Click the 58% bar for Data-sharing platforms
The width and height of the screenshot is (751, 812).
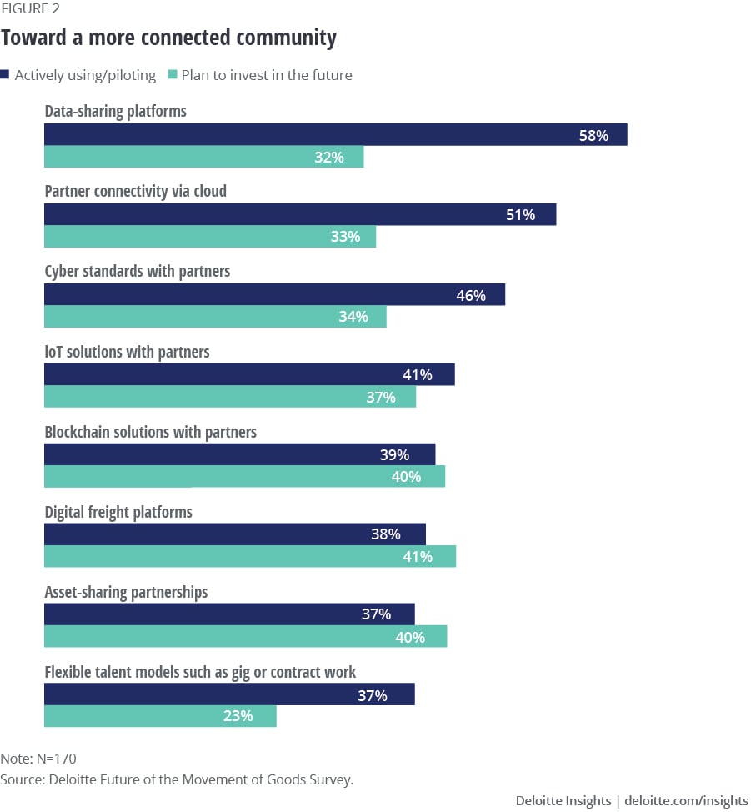pyautogui.click(x=335, y=135)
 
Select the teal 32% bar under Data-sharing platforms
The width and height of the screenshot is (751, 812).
pyautogui.click(x=203, y=157)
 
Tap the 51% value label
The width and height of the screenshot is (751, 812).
pyautogui.click(x=520, y=215)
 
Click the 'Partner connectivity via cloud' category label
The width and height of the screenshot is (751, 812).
pyautogui.click(x=135, y=192)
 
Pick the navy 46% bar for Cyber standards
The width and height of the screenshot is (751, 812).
pyautogui.click(x=274, y=295)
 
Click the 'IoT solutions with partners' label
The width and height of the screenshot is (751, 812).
pyautogui.click(x=127, y=352)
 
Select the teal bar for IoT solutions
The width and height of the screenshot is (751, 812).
pyautogui.click(x=229, y=397)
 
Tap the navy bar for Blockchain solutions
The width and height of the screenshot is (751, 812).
pyautogui.click(x=239, y=455)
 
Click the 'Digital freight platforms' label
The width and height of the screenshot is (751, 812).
pyautogui.click(x=118, y=512)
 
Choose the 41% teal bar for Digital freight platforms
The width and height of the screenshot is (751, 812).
pyautogui.click(x=249, y=557)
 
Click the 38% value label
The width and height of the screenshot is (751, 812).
pyautogui.click(x=386, y=534)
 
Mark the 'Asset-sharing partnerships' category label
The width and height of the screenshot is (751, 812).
pyautogui.click(x=126, y=592)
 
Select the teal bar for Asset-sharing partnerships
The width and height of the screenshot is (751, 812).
pyautogui.click(x=245, y=637)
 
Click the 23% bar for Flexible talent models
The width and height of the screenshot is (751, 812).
pyautogui.click(x=159, y=716)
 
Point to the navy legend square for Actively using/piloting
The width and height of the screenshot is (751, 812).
pyautogui.click(x=7, y=75)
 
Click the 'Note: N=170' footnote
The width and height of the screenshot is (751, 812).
pyautogui.click(x=38, y=759)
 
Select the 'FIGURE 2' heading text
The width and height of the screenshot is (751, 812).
pyautogui.click(x=30, y=9)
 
